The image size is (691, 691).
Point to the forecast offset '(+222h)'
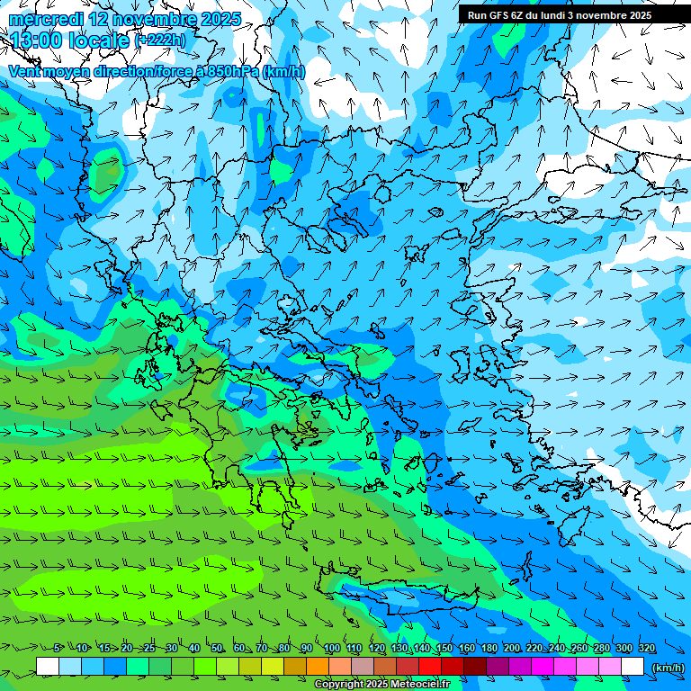[x=160, y=40]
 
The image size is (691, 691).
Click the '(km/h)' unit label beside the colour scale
[x=667, y=667]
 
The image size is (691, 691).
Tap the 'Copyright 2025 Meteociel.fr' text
[x=381, y=685]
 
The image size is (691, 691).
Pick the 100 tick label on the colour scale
[x=331, y=649]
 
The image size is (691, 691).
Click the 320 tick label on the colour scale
[x=646, y=649]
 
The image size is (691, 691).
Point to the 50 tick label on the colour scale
[x=217, y=649]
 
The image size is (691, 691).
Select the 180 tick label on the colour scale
[x=489, y=649]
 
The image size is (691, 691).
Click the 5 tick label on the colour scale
[x=57, y=649]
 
